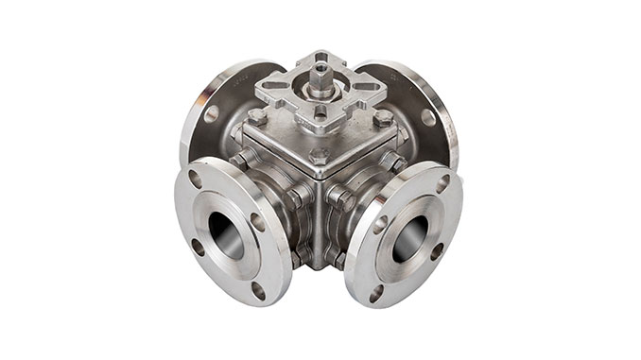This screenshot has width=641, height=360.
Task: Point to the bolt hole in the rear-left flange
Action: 212,113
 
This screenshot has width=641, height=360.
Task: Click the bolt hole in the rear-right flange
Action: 427,117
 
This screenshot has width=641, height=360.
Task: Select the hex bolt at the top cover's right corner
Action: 383,118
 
